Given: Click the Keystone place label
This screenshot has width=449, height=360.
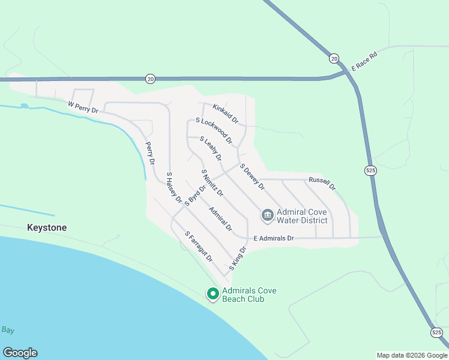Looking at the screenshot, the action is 47,228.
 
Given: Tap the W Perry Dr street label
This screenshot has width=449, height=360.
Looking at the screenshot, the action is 83,107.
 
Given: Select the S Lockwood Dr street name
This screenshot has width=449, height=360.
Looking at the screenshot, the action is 214,131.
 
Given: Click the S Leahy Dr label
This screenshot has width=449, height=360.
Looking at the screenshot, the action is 211,149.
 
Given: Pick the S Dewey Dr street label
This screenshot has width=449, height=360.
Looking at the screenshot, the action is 252,177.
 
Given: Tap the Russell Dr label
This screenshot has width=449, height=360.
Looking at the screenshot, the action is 322,182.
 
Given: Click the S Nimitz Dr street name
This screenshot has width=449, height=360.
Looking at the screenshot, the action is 212,185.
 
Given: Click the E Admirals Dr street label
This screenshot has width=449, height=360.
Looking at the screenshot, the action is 274,238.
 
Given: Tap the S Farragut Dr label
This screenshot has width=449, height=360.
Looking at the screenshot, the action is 199,247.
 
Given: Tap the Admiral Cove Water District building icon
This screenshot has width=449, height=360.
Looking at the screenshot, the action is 267,214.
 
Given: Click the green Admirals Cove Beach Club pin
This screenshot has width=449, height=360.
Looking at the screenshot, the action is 212,293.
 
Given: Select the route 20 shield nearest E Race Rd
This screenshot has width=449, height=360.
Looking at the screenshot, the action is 334,58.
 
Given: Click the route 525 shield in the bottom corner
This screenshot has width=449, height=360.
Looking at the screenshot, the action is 436,332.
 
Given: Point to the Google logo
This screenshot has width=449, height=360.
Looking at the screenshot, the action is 20,353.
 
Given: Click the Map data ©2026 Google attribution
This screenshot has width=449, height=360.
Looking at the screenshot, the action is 412,355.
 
